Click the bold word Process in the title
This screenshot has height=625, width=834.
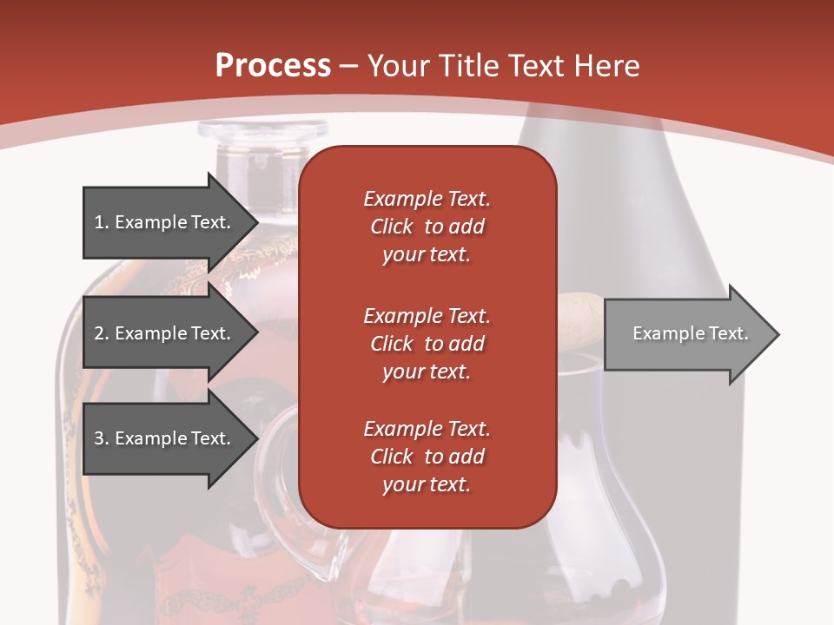pos(273,65)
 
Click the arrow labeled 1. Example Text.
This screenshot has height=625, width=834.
pos(170,222)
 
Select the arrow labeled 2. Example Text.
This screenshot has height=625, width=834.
pos(170,332)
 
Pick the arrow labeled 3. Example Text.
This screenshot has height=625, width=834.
pos(170,437)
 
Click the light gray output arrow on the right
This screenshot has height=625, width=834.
pos(692,333)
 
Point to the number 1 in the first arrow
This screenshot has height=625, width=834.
pos(99,222)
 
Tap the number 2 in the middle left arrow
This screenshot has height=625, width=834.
pos(99,332)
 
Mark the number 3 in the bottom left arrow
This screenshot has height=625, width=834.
pos(99,437)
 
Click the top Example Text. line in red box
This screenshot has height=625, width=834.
pos(427,199)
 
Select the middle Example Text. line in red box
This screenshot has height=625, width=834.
pos(427,316)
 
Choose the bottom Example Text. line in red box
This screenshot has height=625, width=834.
pos(427,428)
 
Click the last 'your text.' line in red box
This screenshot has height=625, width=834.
pos(427,484)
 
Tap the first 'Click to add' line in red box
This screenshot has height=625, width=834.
pos(427,227)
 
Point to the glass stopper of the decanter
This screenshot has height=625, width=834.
pos(262,131)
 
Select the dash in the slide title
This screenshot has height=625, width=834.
pos(348,68)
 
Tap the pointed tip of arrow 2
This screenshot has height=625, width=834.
pos(258,332)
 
